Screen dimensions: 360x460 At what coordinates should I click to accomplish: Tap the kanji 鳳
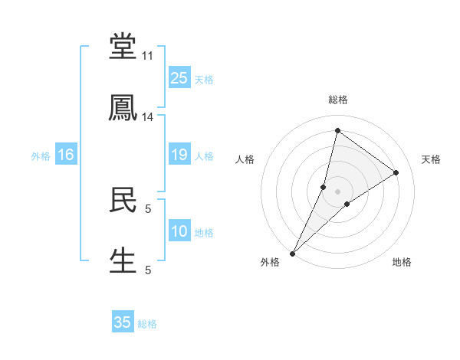point(123,109)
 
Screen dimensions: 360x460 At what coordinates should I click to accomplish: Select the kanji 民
point(123,201)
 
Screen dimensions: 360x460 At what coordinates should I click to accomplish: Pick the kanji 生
point(123,260)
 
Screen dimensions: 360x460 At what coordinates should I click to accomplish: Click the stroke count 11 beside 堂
point(148,57)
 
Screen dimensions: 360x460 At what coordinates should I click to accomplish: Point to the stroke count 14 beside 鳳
point(148,117)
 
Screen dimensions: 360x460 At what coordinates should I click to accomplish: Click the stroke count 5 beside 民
point(147,208)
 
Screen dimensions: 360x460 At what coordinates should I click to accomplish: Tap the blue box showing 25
point(179,78)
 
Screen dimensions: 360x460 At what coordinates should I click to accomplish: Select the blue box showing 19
point(179,155)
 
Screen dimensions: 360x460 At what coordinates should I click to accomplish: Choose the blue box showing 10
point(179,231)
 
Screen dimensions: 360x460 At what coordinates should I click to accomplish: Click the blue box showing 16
point(66,155)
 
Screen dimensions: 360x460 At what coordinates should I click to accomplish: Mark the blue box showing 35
point(123,322)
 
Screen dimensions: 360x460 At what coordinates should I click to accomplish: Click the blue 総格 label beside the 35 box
point(147,324)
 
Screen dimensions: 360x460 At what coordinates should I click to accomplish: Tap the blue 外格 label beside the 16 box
point(41,156)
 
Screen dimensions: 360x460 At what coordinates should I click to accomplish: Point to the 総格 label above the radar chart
point(338,100)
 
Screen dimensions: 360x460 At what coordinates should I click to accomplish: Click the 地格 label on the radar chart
point(402,262)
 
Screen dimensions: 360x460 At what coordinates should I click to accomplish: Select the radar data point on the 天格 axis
point(396,172)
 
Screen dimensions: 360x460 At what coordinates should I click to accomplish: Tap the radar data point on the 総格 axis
point(337,129)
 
